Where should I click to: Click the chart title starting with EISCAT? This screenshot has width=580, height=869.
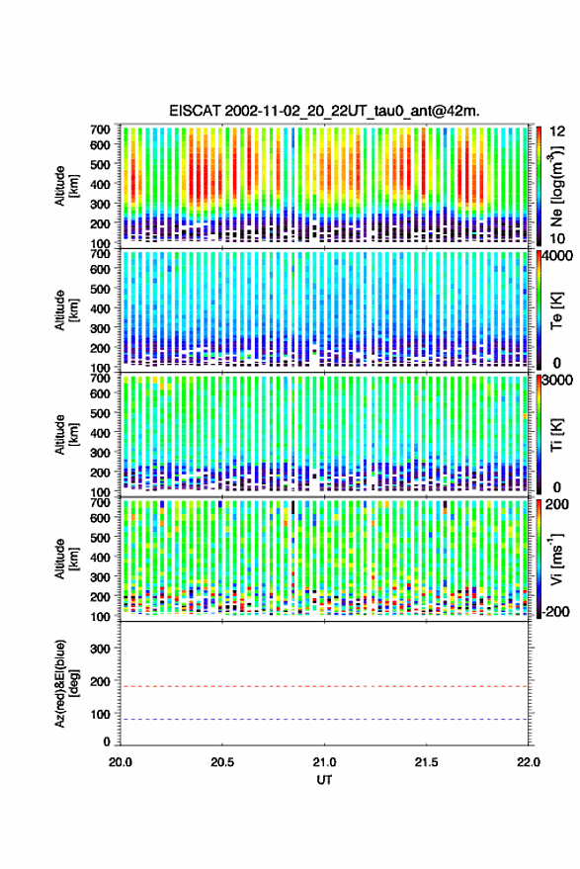tap(324, 111)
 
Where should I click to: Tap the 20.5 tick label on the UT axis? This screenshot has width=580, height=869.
tap(222, 762)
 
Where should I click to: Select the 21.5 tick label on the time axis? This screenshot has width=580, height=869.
tap(426, 762)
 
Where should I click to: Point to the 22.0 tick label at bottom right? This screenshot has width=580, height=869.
tap(528, 762)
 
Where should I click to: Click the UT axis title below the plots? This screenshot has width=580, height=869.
tap(324, 780)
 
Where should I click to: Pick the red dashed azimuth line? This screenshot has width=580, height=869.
tap(324, 686)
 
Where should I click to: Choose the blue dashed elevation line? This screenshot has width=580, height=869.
tap(324, 720)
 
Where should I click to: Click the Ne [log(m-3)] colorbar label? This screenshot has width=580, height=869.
tap(556, 186)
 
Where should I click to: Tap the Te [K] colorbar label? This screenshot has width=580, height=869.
tap(556, 310)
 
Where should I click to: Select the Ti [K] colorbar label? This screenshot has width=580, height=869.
tap(556, 435)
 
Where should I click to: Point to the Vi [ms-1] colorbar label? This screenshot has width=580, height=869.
tap(556, 559)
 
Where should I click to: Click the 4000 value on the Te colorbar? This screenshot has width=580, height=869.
tap(557, 257)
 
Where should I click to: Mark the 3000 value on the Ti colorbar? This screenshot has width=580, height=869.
tap(557, 381)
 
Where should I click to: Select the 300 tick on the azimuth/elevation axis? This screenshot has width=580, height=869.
tap(100, 649)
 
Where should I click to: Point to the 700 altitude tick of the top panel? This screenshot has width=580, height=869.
tap(100, 130)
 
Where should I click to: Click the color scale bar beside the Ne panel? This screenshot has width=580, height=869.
tap(539, 186)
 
